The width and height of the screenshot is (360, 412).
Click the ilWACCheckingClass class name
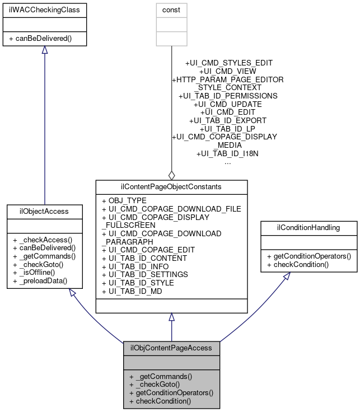click(x=45, y=10)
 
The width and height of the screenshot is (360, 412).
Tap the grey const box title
click(x=171, y=10)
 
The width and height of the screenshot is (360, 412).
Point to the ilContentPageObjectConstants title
click(x=171, y=186)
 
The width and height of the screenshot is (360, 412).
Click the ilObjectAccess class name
click(x=45, y=211)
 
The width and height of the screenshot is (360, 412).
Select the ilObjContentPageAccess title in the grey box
click(x=171, y=348)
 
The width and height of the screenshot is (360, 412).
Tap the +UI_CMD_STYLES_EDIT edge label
click(x=228, y=63)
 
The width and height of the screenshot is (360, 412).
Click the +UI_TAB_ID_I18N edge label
click(x=227, y=153)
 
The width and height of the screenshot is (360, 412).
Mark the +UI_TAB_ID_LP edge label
click(x=227, y=128)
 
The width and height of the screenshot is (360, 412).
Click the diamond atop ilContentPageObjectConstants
click(x=171, y=175)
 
